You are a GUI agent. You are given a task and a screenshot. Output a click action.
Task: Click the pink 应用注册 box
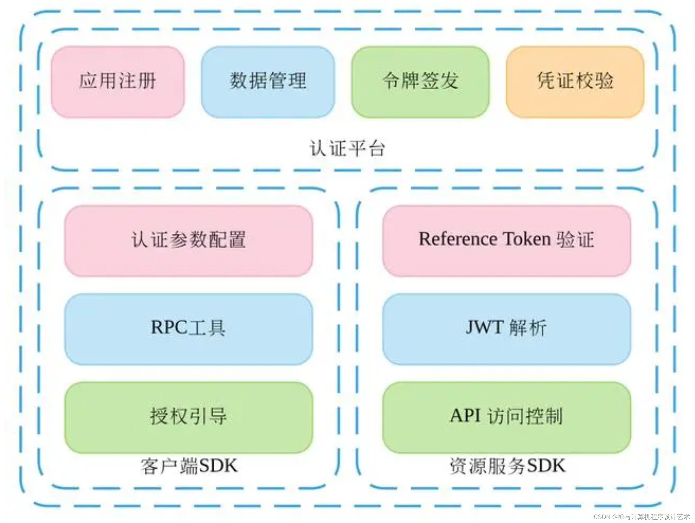(x=118, y=81)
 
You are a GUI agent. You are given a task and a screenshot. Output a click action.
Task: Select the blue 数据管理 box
(x=268, y=81)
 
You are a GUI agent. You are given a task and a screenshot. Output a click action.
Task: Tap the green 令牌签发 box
(x=420, y=81)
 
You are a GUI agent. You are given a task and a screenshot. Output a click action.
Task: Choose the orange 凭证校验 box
(x=575, y=81)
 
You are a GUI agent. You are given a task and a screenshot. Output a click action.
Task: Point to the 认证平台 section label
(x=347, y=149)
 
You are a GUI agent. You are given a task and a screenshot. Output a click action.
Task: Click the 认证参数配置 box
(x=188, y=241)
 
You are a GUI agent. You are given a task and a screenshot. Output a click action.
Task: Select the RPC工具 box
(x=188, y=329)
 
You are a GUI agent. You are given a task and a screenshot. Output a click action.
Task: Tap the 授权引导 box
(x=188, y=417)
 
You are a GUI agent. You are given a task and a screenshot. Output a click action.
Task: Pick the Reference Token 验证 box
(x=506, y=241)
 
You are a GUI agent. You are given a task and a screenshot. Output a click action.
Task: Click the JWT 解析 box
(x=506, y=329)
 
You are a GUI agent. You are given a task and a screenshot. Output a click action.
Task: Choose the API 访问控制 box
(x=506, y=417)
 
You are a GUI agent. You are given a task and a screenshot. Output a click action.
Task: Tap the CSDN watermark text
(x=641, y=516)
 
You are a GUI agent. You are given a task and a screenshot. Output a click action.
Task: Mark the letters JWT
(x=484, y=328)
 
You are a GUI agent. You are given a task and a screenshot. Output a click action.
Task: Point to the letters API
(x=465, y=416)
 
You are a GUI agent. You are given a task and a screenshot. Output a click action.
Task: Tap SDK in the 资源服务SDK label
(x=546, y=466)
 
